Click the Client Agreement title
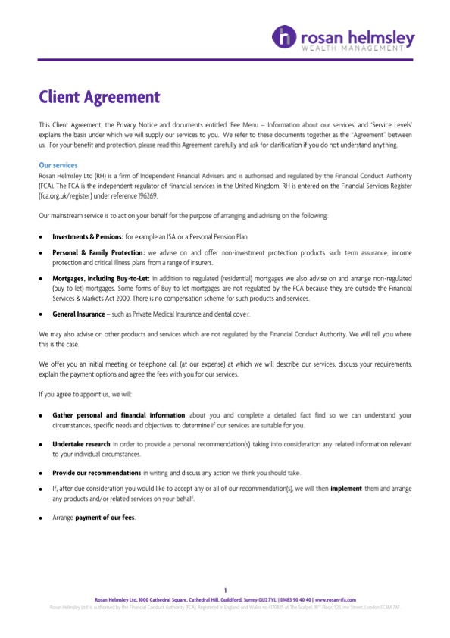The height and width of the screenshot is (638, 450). tap(99, 97)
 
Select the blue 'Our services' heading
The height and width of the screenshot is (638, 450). tap(58, 164)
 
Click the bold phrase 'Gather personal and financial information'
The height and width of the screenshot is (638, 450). tap(118, 415)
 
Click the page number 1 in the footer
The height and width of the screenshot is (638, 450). tap(225, 590)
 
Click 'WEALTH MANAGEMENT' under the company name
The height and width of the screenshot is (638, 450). tap(353, 48)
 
